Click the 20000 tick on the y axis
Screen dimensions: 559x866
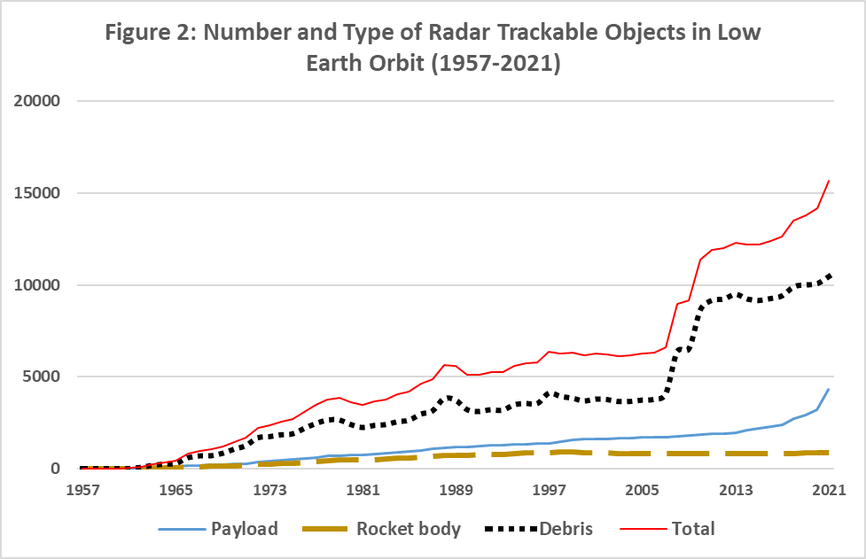(37, 101)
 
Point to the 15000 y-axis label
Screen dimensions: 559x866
(37, 193)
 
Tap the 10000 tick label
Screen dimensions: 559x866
(37, 285)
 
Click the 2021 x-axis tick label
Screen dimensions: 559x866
(828, 490)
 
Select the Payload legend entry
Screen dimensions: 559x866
(244, 529)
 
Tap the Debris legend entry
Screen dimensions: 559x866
(564, 529)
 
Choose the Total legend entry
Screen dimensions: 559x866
(693, 529)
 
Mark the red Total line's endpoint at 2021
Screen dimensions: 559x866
(828, 181)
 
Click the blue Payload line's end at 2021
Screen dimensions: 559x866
(828, 389)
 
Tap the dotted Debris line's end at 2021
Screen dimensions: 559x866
(828, 275)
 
